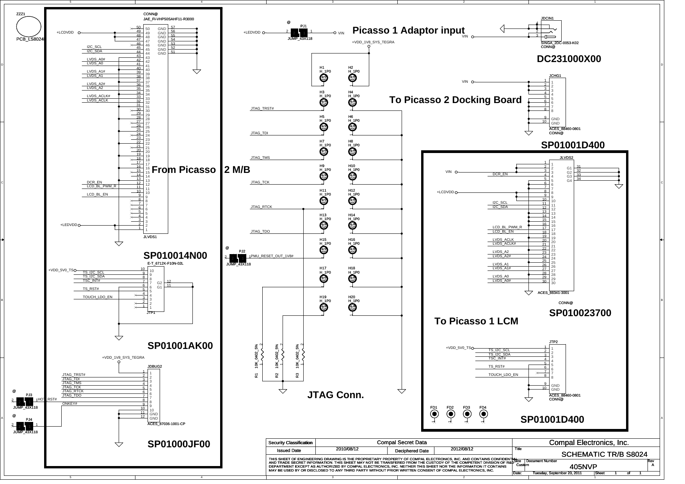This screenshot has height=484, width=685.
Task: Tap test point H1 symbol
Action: (323, 78)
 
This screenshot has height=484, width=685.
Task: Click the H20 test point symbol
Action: (352, 308)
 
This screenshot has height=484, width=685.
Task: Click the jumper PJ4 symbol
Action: (24, 425)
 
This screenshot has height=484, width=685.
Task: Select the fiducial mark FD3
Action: (467, 414)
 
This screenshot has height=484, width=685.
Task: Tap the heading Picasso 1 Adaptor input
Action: (408, 30)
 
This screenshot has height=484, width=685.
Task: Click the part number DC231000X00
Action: (569, 59)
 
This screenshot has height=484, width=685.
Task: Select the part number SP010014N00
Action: (175, 256)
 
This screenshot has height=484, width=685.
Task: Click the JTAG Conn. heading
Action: (336, 395)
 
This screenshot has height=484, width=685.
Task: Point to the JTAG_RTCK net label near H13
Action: (261, 207)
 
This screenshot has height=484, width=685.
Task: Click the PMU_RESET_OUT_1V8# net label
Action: (272, 256)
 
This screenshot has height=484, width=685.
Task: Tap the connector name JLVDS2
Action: (566, 158)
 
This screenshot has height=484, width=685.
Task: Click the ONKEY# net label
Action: (70, 404)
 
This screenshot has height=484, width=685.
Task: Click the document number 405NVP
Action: (583, 467)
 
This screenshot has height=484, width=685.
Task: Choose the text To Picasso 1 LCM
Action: (476, 321)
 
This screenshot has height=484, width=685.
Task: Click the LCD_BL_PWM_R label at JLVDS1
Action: (101, 186)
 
